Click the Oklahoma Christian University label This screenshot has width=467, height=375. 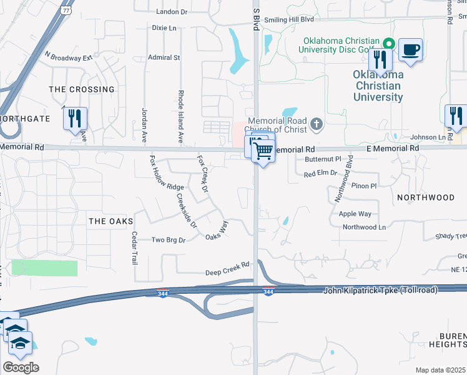(x=378, y=86)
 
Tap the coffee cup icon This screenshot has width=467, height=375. (x=410, y=50)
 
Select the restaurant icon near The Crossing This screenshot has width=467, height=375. (x=75, y=119)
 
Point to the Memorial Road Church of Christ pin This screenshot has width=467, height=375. (x=317, y=124)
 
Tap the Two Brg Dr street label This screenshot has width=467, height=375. (x=169, y=240)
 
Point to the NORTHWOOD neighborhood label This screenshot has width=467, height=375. (x=426, y=197)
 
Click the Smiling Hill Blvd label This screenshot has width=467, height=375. (x=288, y=19)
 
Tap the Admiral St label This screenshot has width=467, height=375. (x=164, y=57)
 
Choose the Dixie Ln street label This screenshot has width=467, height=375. (x=164, y=28)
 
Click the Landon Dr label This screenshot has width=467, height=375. (x=172, y=12)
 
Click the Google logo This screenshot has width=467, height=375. (x=20, y=367)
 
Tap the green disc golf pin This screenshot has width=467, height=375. (x=388, y=44)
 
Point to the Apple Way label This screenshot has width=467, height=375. (x=355, y=214)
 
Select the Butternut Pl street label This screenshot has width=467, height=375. (x=323, y=159)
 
